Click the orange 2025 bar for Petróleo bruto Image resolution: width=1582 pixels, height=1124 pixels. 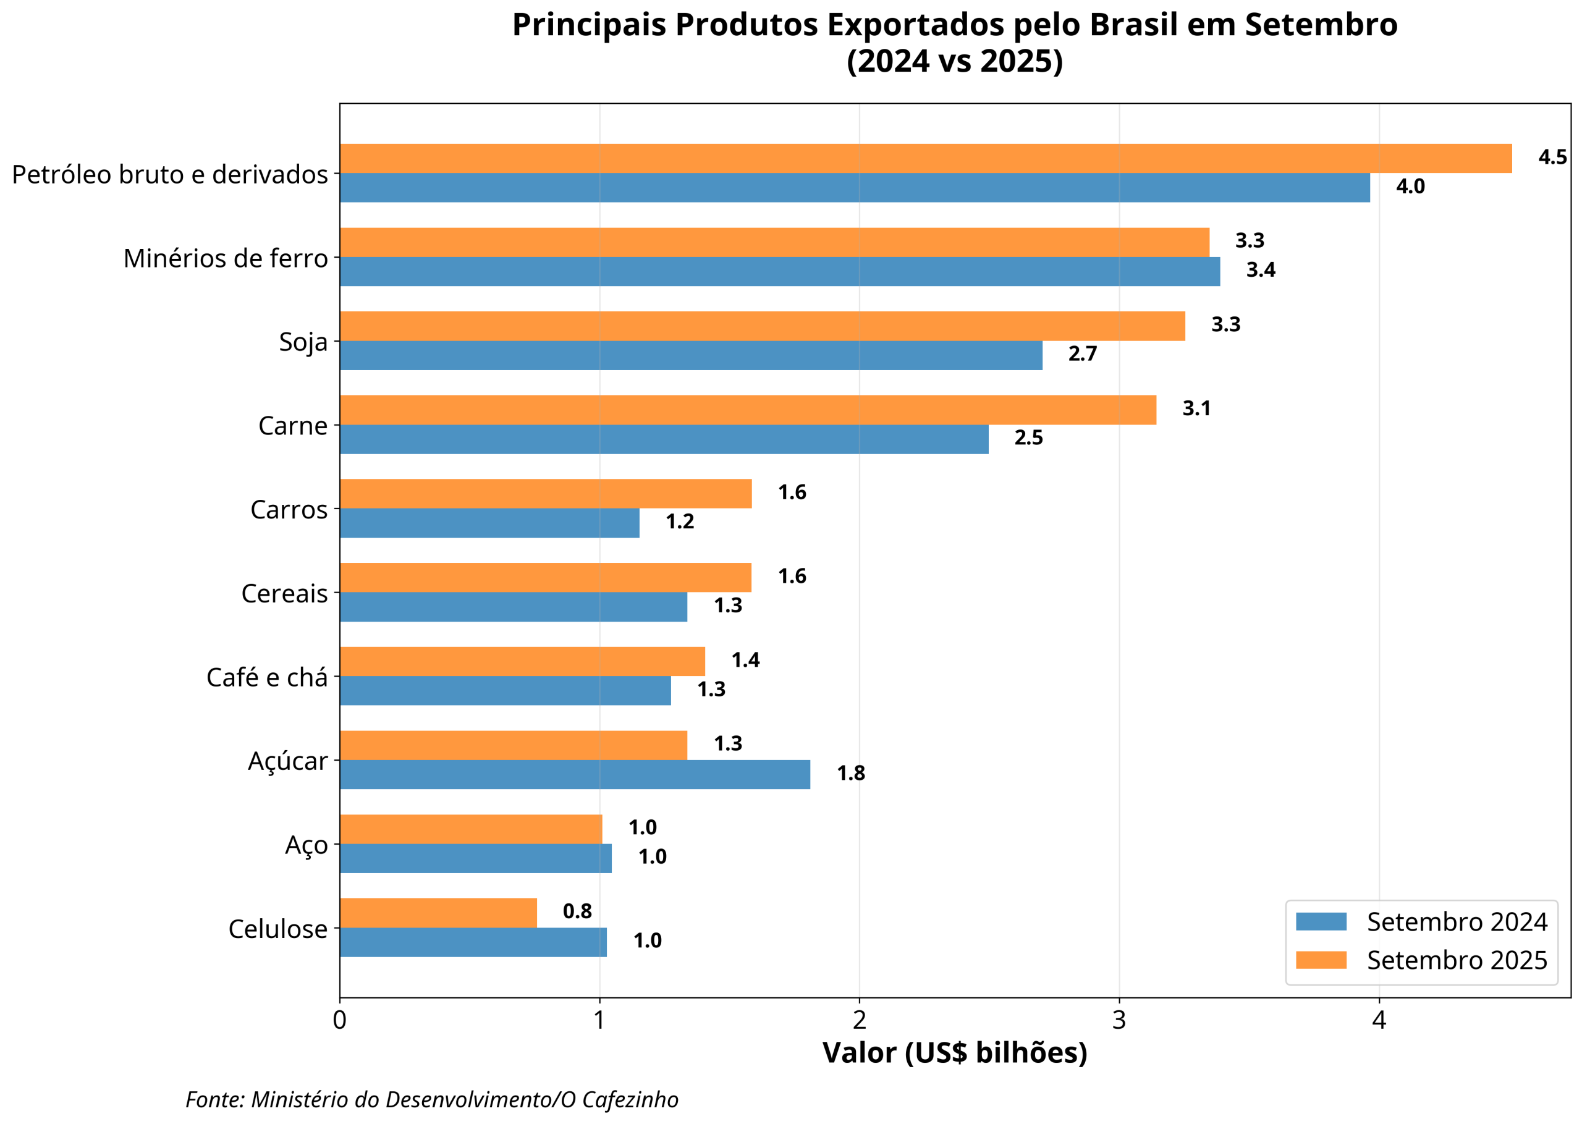point(924,158)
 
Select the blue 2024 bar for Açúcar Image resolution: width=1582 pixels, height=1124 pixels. point(574,774)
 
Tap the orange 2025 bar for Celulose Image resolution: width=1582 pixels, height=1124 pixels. point(438,912)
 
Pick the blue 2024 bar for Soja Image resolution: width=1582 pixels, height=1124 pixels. point(691,355)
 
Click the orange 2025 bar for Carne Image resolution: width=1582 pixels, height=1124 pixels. point(747,410)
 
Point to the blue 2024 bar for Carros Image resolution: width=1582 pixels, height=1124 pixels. point(489,523)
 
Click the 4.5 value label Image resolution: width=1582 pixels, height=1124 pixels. point(1552,157)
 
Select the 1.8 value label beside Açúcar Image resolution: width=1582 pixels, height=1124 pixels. point(850,773)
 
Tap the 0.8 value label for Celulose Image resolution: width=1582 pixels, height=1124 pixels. point(577,911)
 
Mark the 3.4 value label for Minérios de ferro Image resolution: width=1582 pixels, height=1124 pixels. point(1260,270)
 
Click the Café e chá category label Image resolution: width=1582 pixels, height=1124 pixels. point(267,677)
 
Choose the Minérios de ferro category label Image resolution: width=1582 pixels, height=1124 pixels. point(226,258)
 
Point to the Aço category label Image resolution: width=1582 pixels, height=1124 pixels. point(306,844)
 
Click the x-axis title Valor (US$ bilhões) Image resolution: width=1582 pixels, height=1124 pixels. point(954,1053)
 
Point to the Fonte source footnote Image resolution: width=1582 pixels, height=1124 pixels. point(432,1099)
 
